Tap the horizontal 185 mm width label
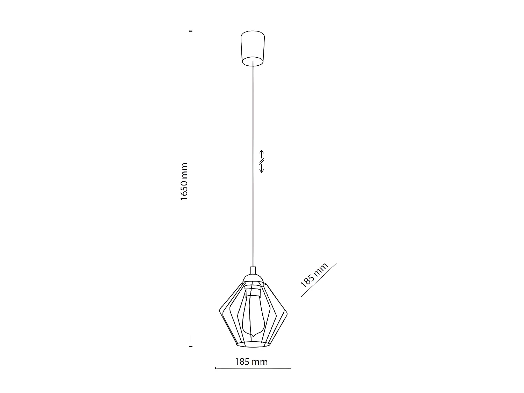[252, 362]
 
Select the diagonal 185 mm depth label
[314, 275]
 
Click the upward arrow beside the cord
[262, 153]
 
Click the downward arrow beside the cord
[262, 169]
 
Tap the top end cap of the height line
[191, 31]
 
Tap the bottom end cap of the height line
[191, 347]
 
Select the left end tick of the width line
[216, 368]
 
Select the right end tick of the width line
[291, 368]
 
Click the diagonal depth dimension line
[319, 280]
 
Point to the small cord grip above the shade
[253, 270]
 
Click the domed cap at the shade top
[253, 279]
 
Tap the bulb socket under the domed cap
[253, 290]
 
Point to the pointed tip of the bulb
[253, 336]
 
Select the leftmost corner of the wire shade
[219, 311]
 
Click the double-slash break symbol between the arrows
[262, 161]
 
